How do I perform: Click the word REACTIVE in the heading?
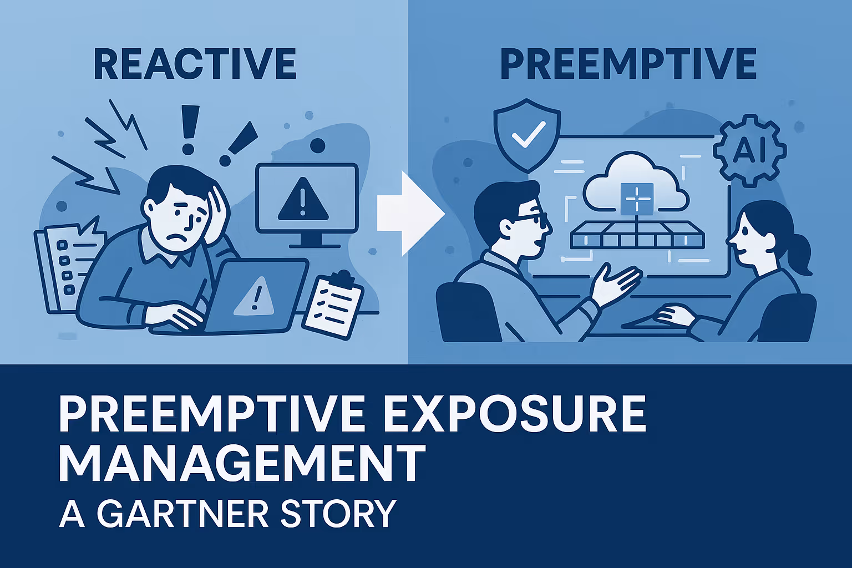[x=195, y=64]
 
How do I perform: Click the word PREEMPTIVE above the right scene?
[x=628, y=64]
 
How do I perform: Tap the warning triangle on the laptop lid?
[x=255, y=297]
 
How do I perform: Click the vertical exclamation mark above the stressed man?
[x=189, y=130]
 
